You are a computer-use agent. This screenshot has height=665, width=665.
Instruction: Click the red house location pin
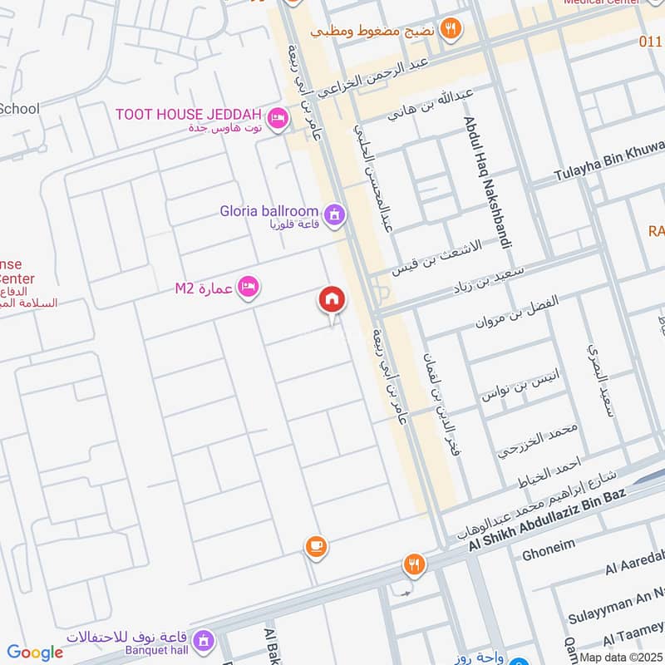coord(332,300)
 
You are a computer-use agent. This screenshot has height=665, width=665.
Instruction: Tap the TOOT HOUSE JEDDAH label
coord(189,114)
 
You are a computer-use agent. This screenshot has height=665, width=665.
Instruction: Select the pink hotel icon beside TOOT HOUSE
coord(278,119)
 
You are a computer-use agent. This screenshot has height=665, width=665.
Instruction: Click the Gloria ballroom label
coord(269,211)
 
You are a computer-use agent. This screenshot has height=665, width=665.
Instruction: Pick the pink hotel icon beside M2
coord(248,288)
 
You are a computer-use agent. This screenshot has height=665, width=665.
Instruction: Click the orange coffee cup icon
coord(315,546)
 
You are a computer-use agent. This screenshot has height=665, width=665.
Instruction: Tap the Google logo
coord(35,653)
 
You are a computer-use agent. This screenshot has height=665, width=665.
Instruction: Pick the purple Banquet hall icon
coord(202,640)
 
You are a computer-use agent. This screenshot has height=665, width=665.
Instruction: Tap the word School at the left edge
coord(19,108)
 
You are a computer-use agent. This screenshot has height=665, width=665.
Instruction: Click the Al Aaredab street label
coord(636,567)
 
